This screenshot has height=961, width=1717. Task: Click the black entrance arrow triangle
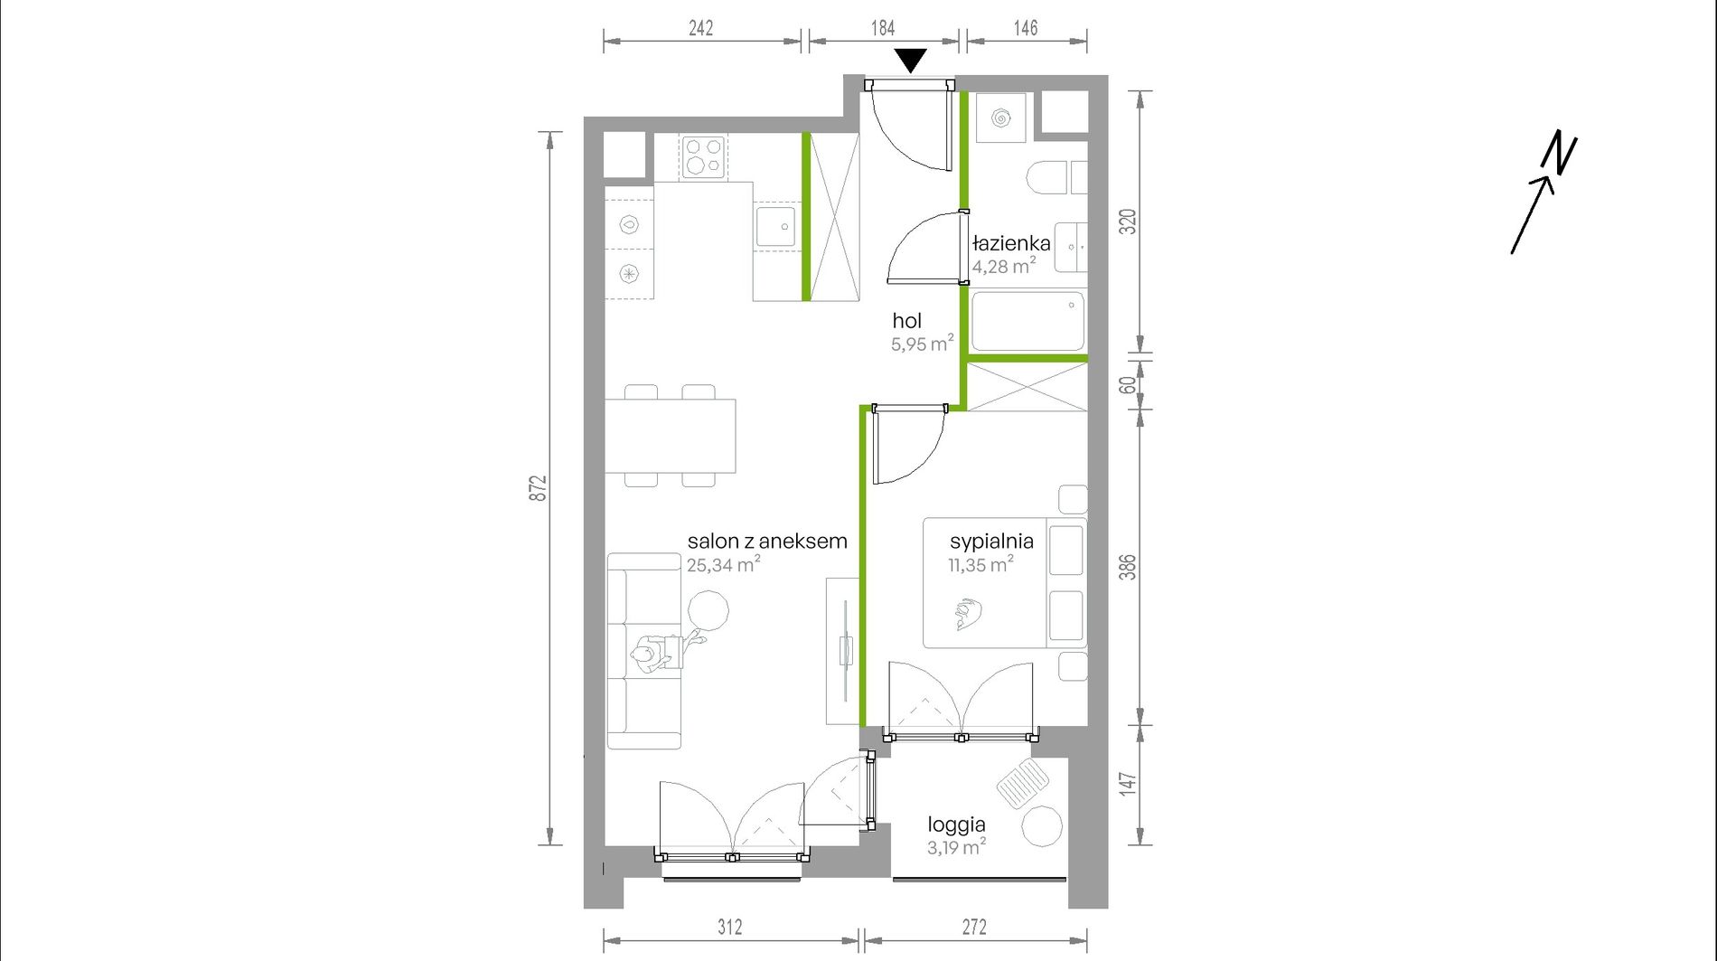pos(911,60)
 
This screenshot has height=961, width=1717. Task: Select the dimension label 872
pos(538,488)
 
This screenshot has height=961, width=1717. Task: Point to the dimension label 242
pos(701,28)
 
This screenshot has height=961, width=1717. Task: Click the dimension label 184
pos(883,28)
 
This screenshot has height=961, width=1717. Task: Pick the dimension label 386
pos(1127,567)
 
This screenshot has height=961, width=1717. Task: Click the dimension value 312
pos(730,927)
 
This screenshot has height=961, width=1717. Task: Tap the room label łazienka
pos(1011,243)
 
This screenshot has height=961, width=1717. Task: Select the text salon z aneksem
pos(767,542)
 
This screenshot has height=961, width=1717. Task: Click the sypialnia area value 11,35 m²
pos(980,564)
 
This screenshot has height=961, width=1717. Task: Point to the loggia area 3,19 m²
pos(956,847)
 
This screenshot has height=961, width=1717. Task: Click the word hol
pos(906,320)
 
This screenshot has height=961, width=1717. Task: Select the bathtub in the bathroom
pos(1027,321)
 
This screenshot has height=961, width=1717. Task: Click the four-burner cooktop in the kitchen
pos(704,156)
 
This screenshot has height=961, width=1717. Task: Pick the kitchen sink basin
pos(775,226)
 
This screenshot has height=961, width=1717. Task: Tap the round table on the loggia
pos(1042,825)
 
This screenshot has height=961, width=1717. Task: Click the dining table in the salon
pos(671,436)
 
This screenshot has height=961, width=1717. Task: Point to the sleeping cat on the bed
pos(966,614)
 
